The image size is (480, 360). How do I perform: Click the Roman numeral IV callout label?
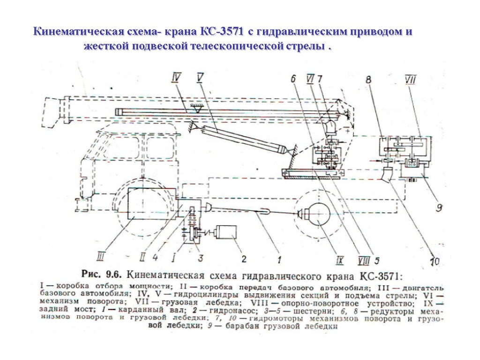coord(176,78)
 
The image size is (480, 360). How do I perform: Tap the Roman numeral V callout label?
coord(200,77)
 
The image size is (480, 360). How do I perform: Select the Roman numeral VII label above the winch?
coord(411,80)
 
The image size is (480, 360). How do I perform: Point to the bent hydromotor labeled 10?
coord(388,174)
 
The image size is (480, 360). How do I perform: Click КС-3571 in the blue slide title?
coord(222,32)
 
